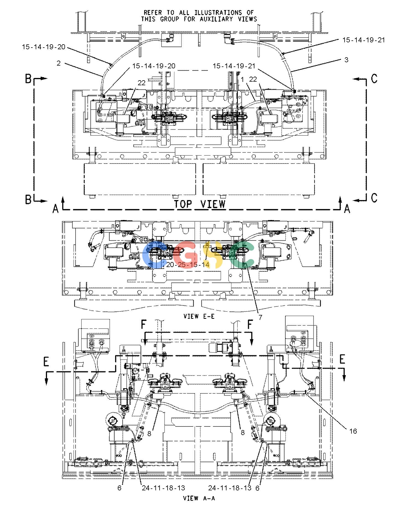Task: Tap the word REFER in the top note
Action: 152,12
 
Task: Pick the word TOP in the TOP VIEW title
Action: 183,204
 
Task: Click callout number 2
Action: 58,63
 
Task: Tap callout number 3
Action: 346,59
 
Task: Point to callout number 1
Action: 242,79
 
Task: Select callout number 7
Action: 260,317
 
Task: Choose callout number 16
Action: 353,431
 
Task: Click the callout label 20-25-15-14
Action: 188,265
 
